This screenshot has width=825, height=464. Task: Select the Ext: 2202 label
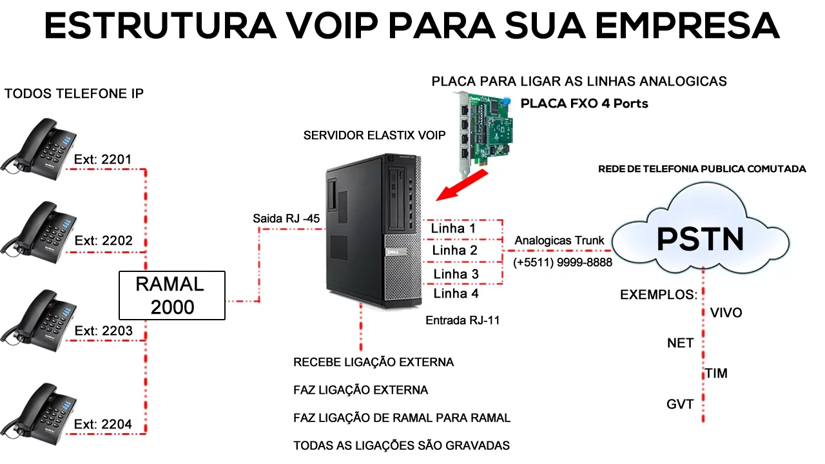coord(104,241)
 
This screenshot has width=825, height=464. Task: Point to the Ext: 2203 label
coord(104,331)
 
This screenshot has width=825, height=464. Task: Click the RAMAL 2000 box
coord(172,296)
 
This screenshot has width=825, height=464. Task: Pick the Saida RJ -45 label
coord(286,218)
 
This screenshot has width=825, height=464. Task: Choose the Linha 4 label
coord(456,294)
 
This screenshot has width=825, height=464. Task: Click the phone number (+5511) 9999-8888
coord(563,263)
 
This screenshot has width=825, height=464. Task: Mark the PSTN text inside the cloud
coord(700,239)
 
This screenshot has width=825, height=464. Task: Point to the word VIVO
coord(726,313)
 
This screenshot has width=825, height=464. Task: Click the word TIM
coord(715,374)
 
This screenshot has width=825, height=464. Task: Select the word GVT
coord(680,405)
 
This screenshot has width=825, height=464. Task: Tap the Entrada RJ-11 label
coord(463,320)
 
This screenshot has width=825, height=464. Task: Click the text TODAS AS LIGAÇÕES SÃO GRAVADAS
coord(402,445)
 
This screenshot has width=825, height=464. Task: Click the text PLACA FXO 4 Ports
coord(584,103)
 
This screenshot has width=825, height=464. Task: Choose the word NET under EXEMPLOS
coord(680,343)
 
